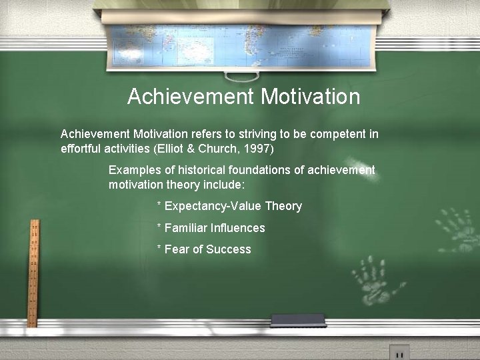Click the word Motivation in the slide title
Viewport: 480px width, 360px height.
(310, 97)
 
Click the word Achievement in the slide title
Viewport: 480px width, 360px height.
(190, 97)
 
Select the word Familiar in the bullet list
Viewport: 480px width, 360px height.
(186, 228)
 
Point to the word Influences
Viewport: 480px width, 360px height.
(238, 228)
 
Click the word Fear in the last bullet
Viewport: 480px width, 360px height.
(177, 249)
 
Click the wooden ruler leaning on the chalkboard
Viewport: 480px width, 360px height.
(33, 273)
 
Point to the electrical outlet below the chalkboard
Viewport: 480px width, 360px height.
(399, 353)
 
